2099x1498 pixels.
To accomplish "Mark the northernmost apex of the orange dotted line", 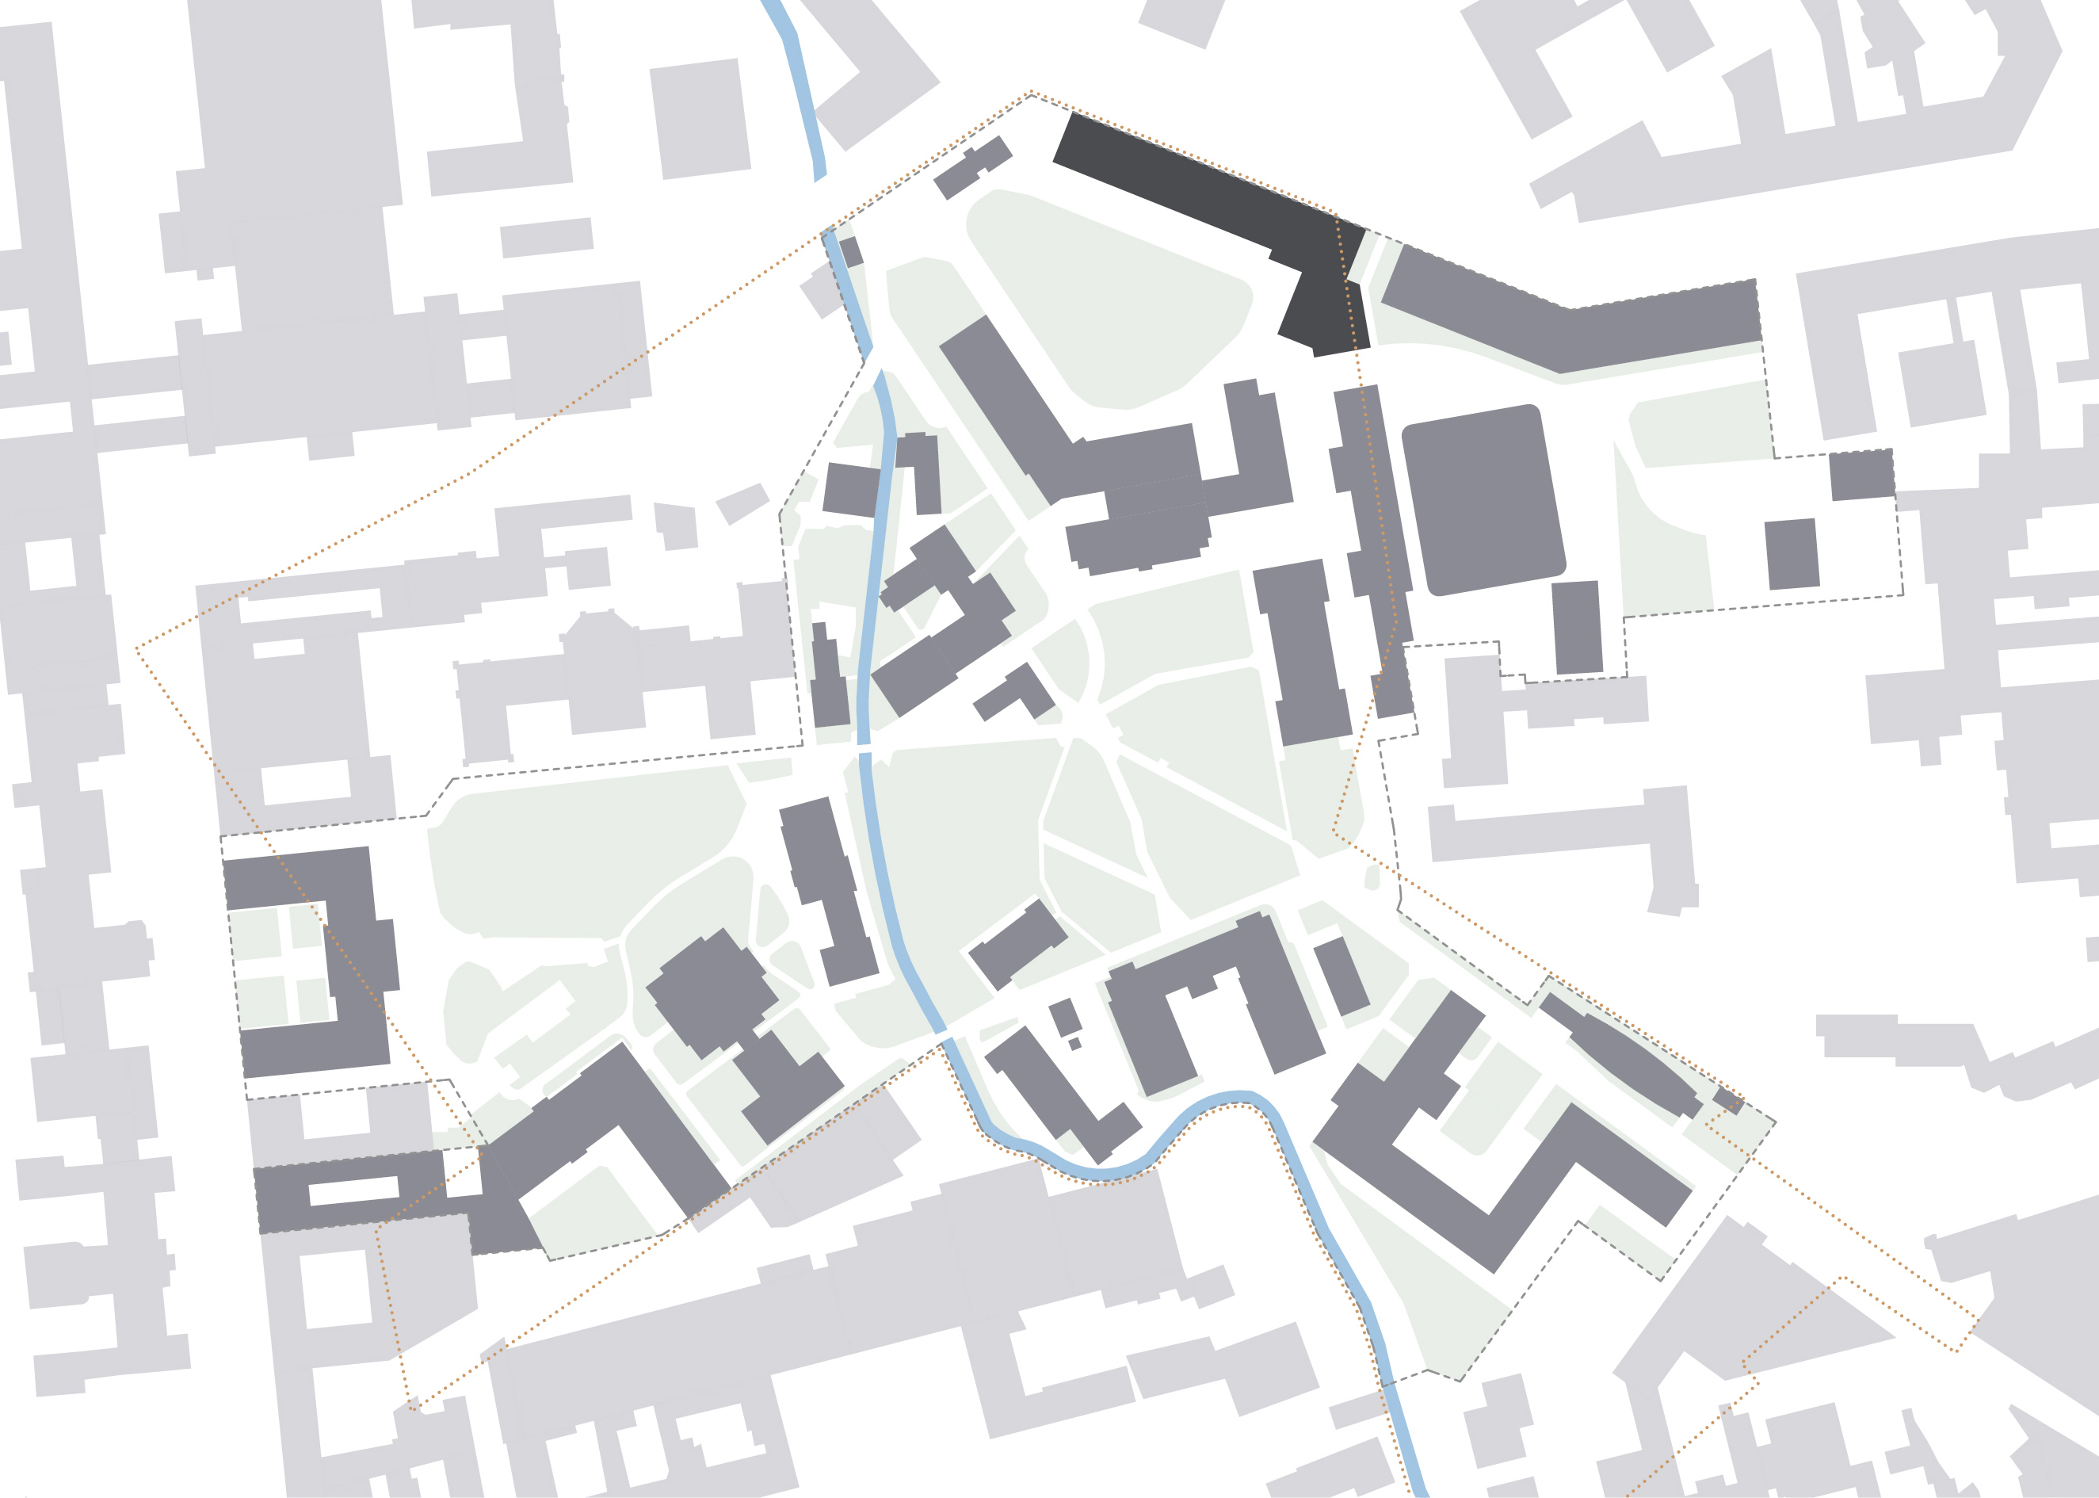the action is coord(1031,92).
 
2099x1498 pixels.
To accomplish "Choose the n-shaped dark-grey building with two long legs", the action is coord(1217,1006).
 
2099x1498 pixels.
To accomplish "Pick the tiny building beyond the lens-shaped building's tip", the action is coord(1727,1099).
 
